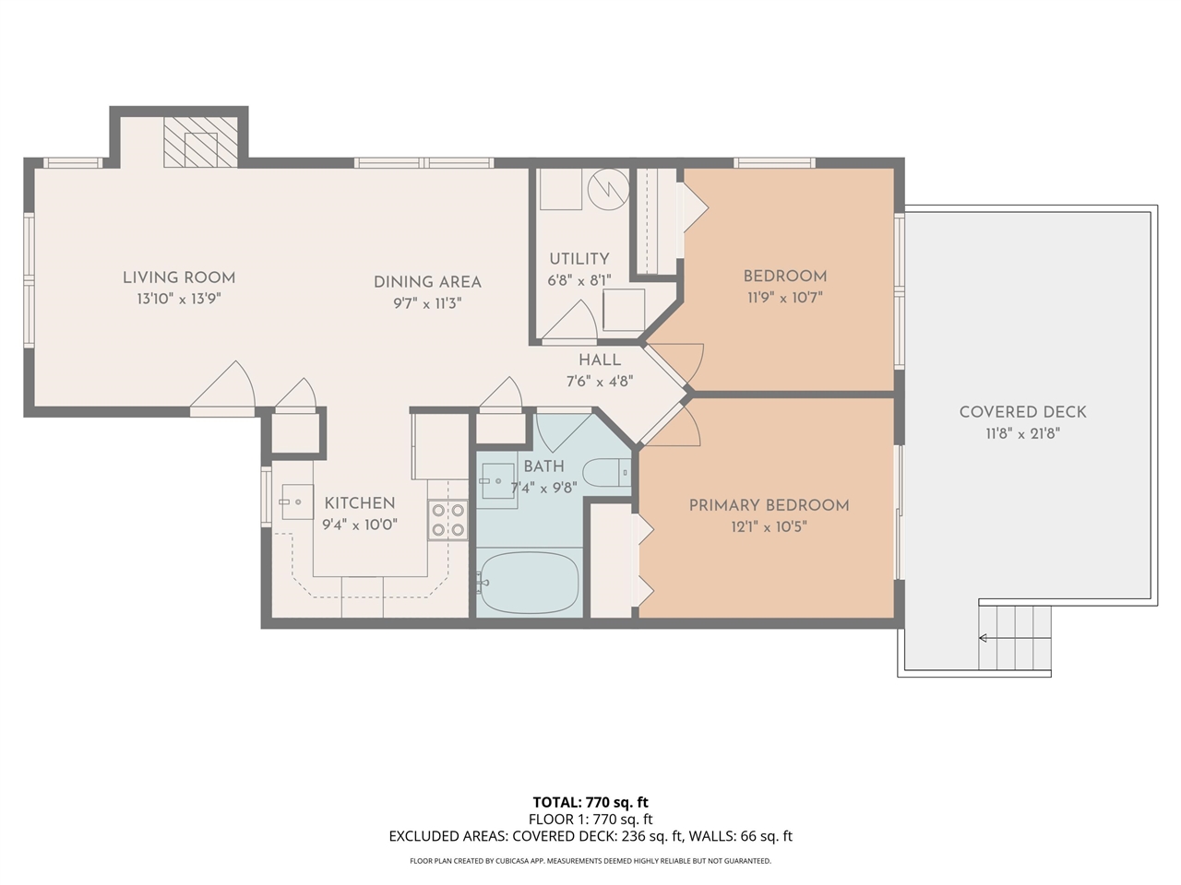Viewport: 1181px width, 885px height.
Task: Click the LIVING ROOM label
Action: (x=179, y=277)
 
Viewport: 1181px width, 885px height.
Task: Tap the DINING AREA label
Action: (x=427, y=282)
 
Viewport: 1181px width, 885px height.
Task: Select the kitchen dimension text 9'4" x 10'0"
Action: (x=359, y=525)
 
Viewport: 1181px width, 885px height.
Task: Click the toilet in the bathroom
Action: (x=606, y=472)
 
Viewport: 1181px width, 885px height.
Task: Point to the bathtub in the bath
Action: (x=530, y=583)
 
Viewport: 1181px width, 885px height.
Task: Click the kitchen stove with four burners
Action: (x=447, y=520)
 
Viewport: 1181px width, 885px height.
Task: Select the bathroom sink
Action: (x=498, y=481)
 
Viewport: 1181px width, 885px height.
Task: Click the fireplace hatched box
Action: (x=201, y=143)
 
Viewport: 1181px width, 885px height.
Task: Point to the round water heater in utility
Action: (x=609, y=188)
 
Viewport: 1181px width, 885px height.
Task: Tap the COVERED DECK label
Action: (x=1022, y=412)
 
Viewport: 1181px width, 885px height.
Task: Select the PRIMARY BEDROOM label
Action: (x=769, y=505)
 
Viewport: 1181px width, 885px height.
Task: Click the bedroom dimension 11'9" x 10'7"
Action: (x=784, y=298)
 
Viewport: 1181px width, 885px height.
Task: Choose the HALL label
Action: (x=600, y=360)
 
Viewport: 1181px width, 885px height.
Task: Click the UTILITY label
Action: (x=579, y=259)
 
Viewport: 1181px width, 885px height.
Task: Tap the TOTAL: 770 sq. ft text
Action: (x=590, y=802)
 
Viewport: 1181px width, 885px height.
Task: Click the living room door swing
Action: (x=226, y=387)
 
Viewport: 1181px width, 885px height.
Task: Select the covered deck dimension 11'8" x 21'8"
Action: (x=1022, y=433)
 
